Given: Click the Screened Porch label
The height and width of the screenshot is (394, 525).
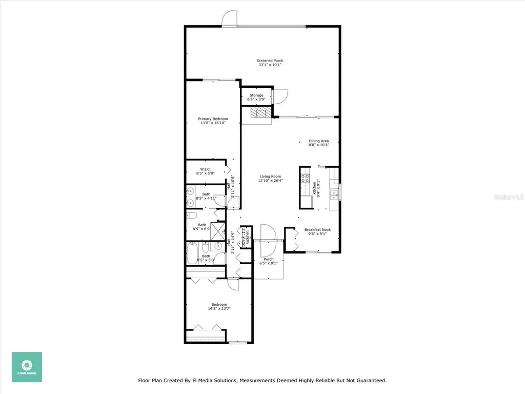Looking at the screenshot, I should [270, 61].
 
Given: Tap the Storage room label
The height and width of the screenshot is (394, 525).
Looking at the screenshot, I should [256, 95].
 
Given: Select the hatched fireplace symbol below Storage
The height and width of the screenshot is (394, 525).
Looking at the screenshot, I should [259, 113].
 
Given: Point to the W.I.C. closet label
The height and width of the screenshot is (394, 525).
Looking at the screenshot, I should [205, 169].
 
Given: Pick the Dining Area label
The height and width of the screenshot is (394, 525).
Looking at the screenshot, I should [318, 141].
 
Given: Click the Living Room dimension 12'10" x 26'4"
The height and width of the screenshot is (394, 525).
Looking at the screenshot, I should [270, 181].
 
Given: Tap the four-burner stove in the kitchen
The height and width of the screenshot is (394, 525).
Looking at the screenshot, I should [305, 179].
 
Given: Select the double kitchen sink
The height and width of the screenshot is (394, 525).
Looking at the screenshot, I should [334, 194].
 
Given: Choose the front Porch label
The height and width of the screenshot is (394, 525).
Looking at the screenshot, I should [269, 259].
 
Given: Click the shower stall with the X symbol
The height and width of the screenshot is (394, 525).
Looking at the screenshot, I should [218, 229].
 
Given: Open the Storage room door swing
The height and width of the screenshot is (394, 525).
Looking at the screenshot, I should [280, 97].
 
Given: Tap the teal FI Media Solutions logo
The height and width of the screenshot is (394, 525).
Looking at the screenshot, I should [27, 367].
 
